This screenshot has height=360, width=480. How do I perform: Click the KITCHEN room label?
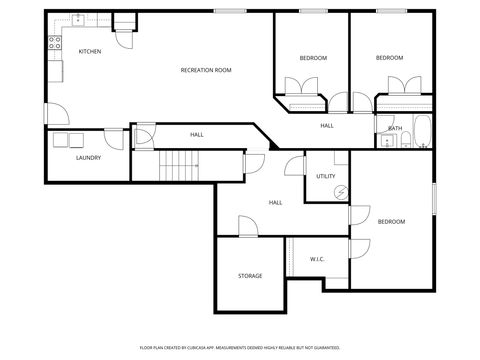tap(89, 50)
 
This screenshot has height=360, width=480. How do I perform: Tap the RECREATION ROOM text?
tap(206, 70)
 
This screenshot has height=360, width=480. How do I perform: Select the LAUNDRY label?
tap(88, 158)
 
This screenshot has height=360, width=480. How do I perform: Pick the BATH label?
tap(395, 128)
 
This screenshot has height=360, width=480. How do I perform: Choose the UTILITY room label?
tap(326, 176)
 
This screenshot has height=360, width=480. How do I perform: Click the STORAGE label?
tap(250, 276)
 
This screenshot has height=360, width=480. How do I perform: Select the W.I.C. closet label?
tap(317, 259)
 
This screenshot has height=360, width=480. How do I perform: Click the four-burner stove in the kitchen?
tap(53, 43)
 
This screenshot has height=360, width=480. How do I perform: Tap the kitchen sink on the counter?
tap(77, 20)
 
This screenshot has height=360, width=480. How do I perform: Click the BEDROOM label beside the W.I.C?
tap(391, 221)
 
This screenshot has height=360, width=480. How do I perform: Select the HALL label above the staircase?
tap(197, 134)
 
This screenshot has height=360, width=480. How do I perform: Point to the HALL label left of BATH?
tap(327, 126)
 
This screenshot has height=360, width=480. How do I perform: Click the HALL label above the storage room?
tap(275, 202)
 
